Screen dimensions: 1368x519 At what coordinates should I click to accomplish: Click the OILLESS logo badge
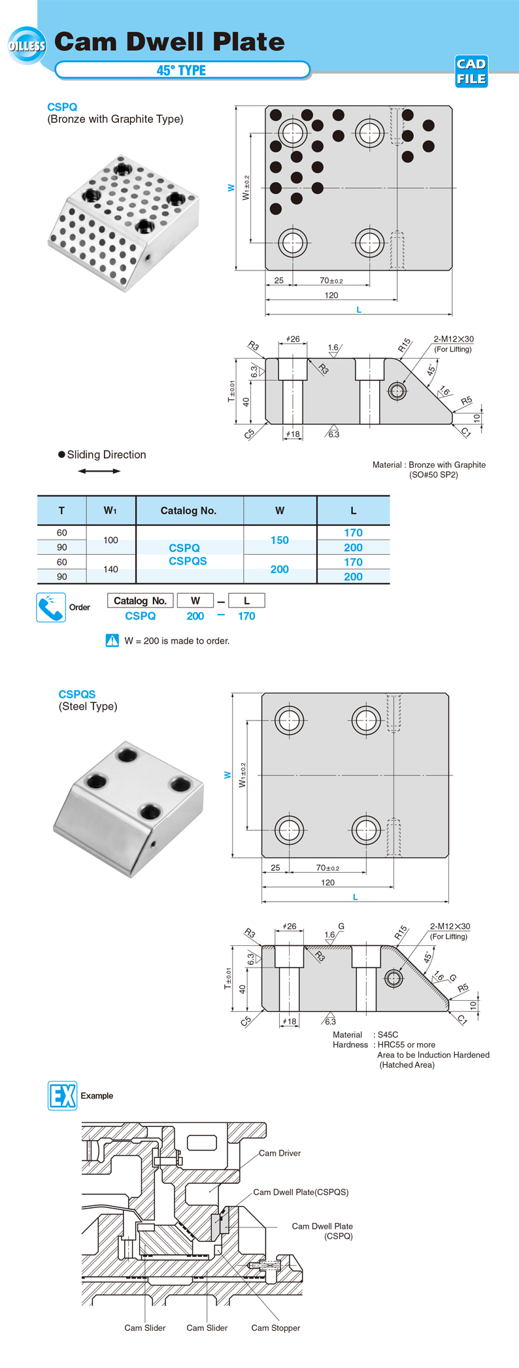tap(27, 46)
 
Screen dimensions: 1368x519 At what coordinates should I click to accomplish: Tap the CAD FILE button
tap(471, 71)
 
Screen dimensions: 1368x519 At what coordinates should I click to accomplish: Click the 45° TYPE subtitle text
tap(181, 71)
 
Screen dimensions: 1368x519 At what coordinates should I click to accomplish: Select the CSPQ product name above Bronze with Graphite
tap(62, 107)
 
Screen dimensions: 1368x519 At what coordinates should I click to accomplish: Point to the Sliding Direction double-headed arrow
tap(99, 471)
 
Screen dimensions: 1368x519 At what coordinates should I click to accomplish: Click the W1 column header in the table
tap(110, 511)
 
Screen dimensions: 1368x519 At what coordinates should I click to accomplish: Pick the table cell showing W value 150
tap(280, 540)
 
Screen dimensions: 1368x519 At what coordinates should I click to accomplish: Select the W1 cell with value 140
tap(110, 570)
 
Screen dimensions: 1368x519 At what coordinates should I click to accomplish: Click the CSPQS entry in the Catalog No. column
tap(188, 561)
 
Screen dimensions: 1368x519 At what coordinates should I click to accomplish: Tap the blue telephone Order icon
tap(50, 607)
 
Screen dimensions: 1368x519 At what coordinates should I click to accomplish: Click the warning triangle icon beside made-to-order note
tap(112, 640)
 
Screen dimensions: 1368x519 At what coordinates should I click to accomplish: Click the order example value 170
tap(246, 616)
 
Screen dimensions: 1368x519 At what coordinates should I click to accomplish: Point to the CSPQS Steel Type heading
tap(77, 694)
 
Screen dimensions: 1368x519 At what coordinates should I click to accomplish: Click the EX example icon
tap(63, 1096)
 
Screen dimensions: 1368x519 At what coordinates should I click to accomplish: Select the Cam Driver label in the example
tap(280, 1153)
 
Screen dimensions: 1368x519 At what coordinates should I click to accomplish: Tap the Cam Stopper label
tap(275, 1327)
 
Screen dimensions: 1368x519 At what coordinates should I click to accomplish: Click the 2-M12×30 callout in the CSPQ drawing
tap(454, 339)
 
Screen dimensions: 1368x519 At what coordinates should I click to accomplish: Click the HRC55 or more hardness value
tap(407, 1045)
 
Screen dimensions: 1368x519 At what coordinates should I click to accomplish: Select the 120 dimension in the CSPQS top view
tap(327, 883)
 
